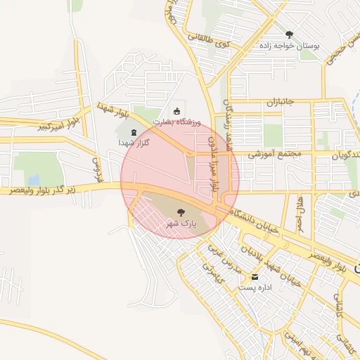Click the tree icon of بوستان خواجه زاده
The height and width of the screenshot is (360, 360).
(289, 34)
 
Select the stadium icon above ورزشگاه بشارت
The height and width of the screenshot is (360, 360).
(176, 110)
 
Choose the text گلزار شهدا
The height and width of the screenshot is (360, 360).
(134, 143)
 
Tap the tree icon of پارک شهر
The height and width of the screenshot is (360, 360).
(181, 211)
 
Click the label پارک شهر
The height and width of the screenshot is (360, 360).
(180, 223)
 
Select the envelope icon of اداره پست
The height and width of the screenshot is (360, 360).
(255, 276)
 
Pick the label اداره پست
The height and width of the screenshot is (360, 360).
(255, 288)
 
